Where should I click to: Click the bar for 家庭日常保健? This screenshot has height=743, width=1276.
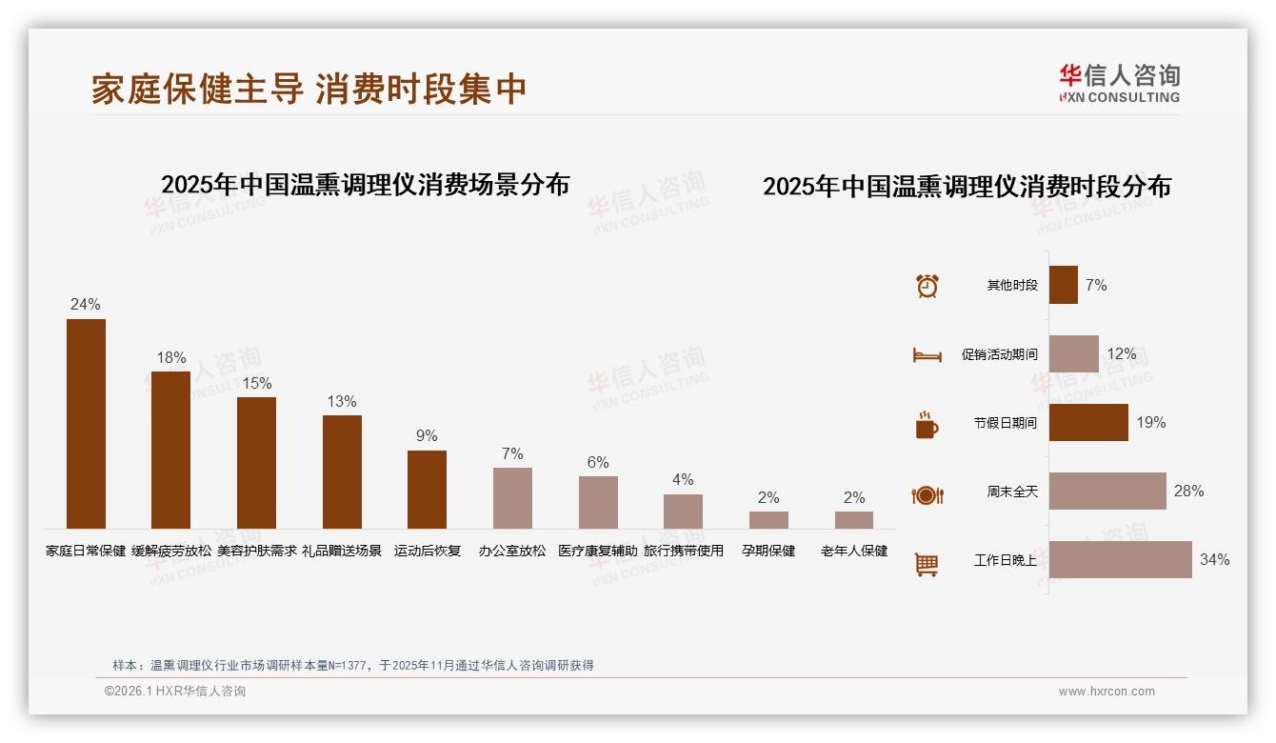coord(86,424)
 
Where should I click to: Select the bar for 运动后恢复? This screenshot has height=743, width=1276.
coord(427,490)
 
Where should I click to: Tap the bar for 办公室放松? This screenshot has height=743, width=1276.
coord(512,498)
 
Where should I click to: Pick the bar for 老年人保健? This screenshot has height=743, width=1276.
coord(854,520)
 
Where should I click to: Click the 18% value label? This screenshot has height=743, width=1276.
coord(171,358)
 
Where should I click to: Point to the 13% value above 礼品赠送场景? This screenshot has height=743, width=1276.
coord(342,402)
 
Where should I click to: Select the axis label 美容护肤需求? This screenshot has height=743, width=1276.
coord(257,551)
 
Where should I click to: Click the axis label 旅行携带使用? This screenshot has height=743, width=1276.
coord(684,551)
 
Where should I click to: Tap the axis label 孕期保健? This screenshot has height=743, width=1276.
coord(768,551)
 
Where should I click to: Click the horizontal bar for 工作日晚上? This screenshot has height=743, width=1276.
coord(1120,560)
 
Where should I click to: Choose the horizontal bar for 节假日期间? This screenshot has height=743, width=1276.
coord(1088,423)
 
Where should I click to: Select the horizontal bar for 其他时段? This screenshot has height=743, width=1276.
coord(1064,285)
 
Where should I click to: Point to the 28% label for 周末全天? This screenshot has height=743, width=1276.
coord(1188,492)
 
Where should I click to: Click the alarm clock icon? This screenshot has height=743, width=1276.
coord(927,286)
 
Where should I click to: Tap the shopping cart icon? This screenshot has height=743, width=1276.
coord(927,564)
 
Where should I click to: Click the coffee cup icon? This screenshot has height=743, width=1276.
coord(927,425)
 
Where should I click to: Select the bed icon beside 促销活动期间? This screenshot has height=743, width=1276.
coord(927,355)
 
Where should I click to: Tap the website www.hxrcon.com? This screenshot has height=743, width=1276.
coord(1107,692)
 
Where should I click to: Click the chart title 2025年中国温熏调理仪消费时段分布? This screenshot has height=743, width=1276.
coord(967,187)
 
